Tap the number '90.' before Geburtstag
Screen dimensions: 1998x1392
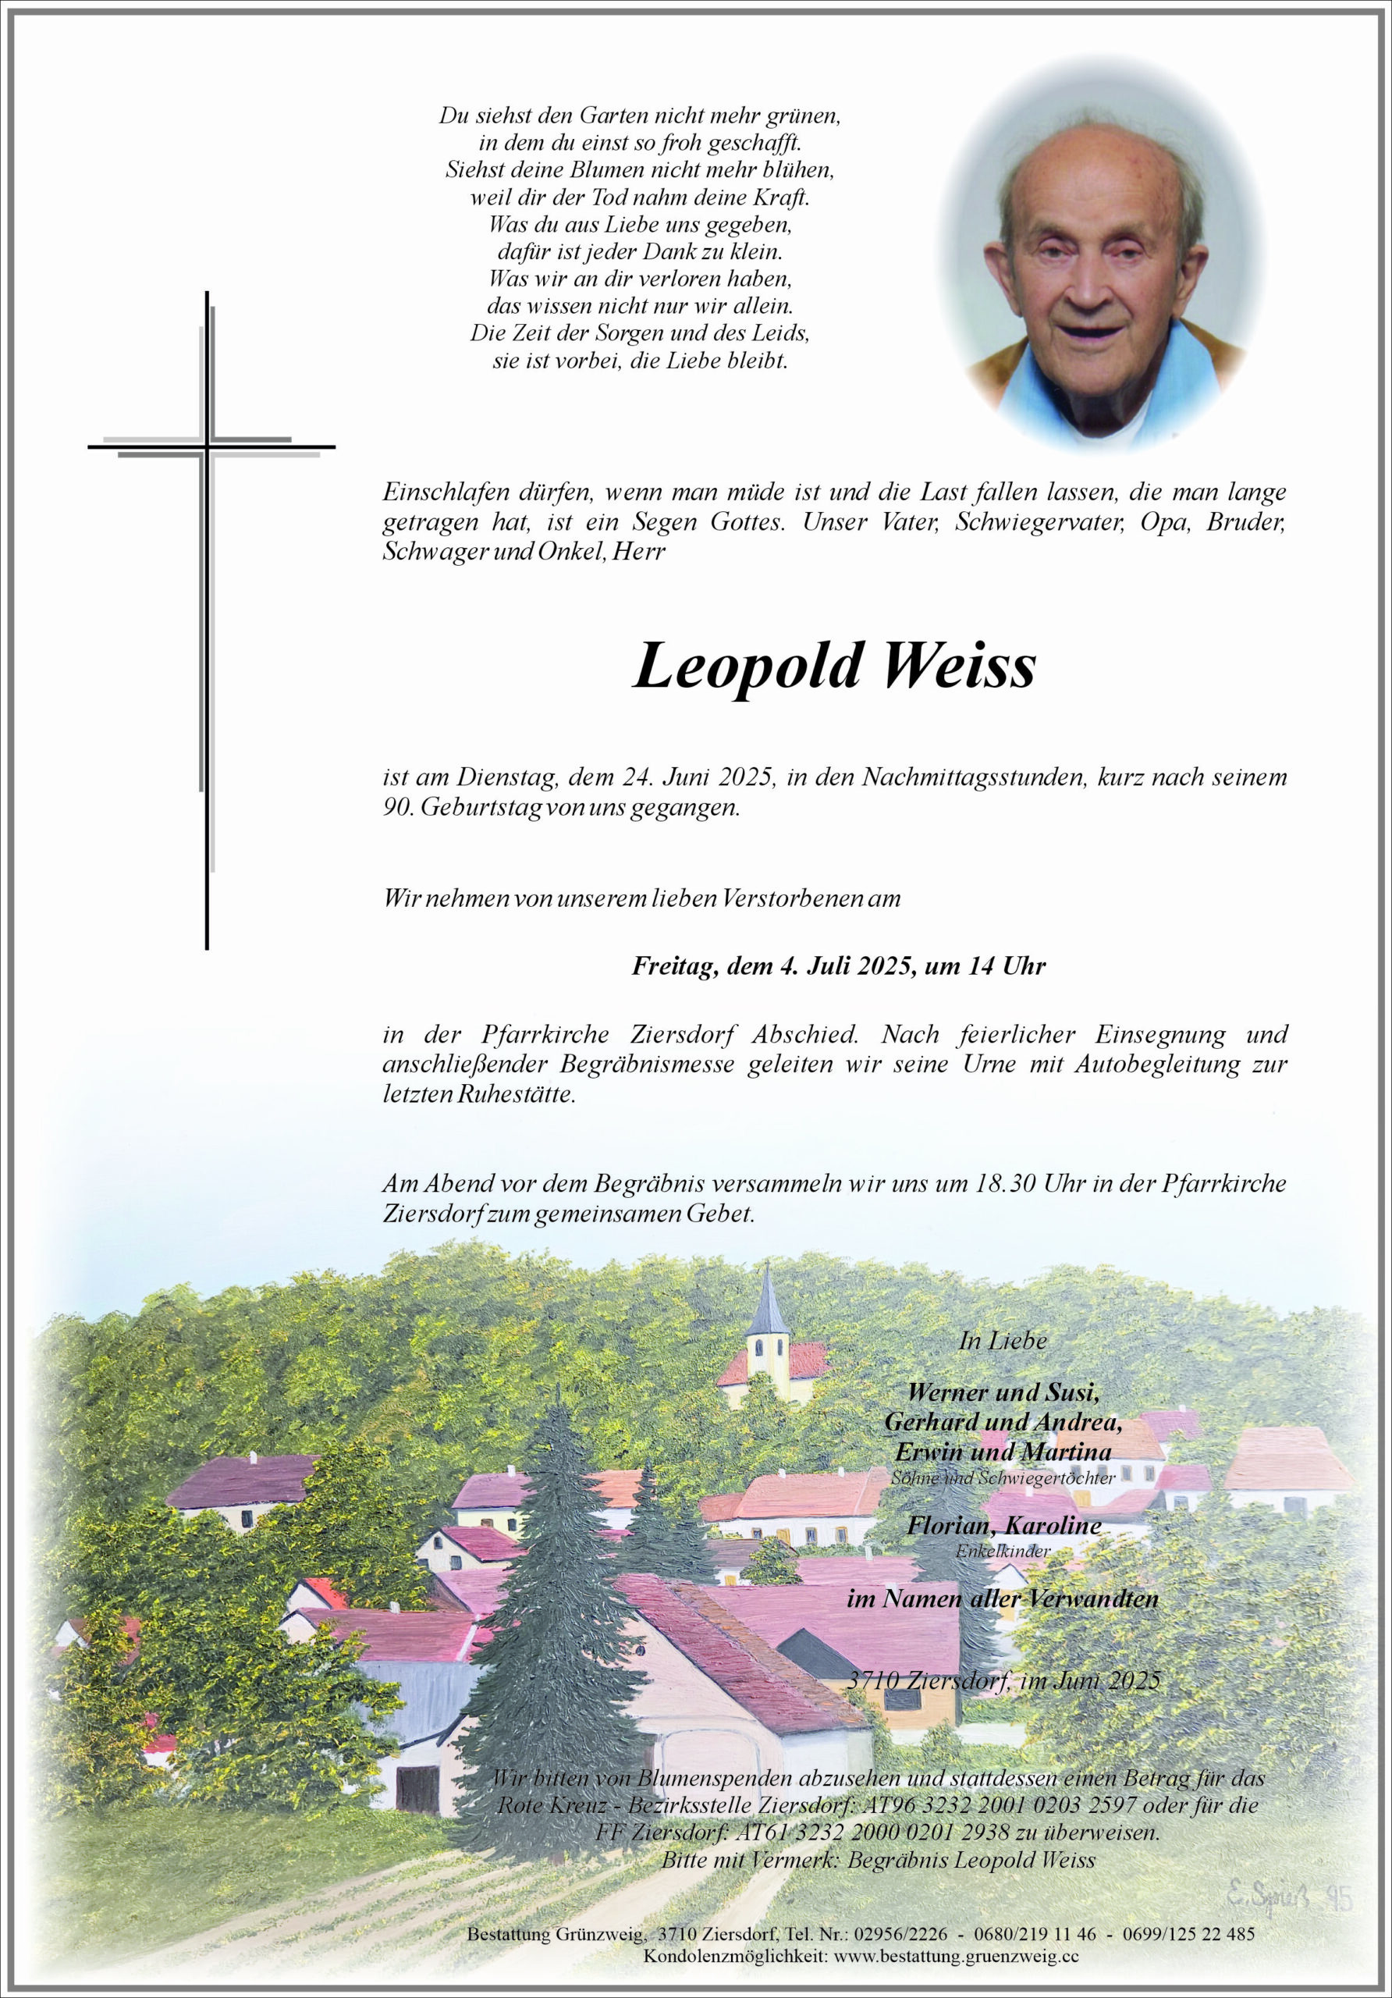point(398,807)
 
